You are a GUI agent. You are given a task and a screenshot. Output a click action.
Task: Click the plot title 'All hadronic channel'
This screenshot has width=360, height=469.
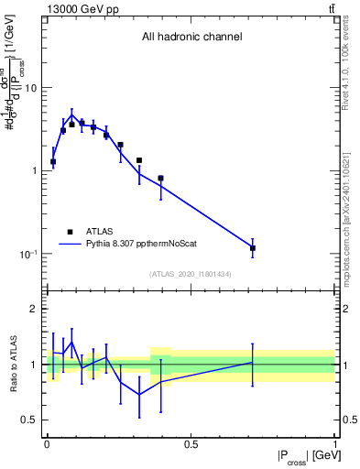pos(191,38)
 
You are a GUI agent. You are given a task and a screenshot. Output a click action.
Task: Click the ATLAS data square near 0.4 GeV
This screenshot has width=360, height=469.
pos(160,179)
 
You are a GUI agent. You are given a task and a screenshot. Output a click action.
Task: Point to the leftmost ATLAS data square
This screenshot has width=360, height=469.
pos(53,162)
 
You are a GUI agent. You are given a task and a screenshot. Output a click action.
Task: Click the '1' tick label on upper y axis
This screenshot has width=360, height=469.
pos(34,171)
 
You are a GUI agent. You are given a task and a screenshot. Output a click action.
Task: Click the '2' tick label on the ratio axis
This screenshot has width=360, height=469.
pos(34,310)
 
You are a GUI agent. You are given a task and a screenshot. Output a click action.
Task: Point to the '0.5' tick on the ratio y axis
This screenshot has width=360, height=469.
pos(30,420)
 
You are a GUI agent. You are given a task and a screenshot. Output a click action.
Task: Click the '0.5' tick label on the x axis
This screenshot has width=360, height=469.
pos(191,444)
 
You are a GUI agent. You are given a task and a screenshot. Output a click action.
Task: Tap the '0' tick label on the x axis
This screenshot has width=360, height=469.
pos(47,444)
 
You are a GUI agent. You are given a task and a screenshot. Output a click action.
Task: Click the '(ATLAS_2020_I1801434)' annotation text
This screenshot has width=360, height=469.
pos(191,274)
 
